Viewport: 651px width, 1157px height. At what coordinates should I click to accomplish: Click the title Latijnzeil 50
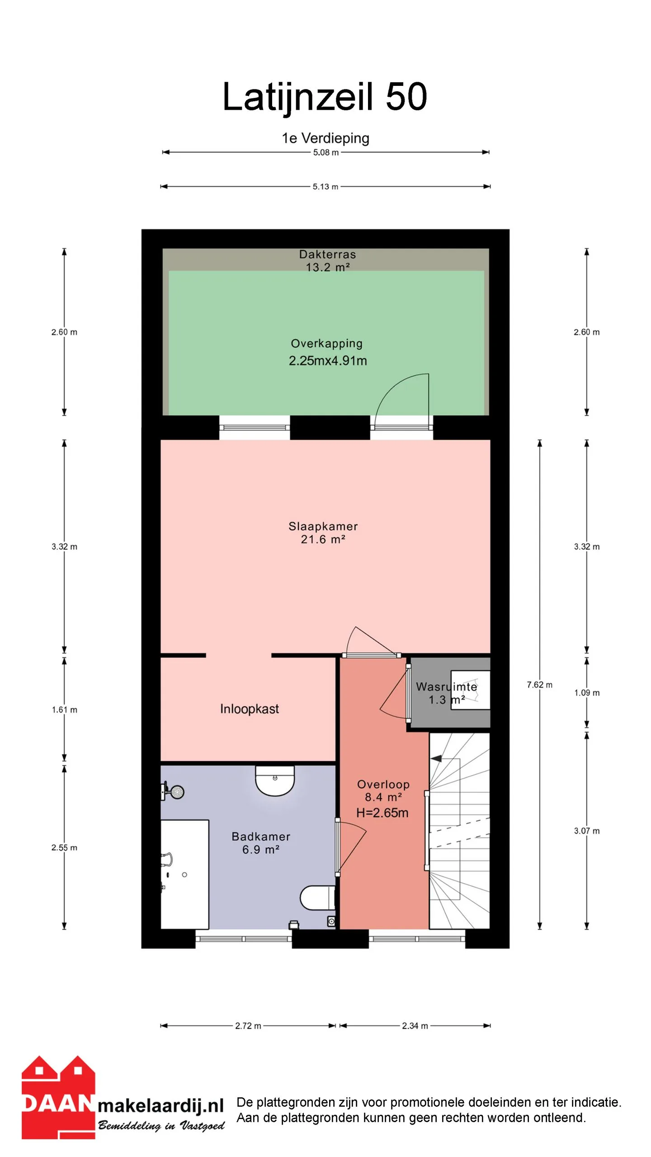[x=325, y=97]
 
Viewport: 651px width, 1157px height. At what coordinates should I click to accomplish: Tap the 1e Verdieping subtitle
[x=325, y=138]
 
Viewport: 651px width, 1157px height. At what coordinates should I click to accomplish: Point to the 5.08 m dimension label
[x=326, y=153]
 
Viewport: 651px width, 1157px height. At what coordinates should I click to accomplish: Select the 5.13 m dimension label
[x=325, y=187]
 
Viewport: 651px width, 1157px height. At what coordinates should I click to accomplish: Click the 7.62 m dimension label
[x=539, y=685]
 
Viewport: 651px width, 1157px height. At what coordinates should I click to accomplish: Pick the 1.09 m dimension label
[x=587, y=693]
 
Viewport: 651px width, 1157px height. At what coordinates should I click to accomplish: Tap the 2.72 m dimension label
[x=248, y=1026]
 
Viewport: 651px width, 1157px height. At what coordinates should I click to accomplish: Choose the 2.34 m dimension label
[x=415, y=1026]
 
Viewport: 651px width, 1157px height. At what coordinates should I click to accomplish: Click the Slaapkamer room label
[x=323, y=527]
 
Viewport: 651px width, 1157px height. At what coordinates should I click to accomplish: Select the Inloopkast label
[x=250, y=709]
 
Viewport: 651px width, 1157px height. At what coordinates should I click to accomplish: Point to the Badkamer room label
[x=261, y=837]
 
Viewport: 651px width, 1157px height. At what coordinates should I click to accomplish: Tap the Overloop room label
[x=383, y=785]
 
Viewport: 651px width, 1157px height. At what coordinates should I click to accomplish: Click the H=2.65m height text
[x=382, y=813]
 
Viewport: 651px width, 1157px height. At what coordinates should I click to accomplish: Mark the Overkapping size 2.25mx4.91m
[x=328, y=361]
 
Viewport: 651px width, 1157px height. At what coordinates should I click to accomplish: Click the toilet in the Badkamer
[x=318, y=898]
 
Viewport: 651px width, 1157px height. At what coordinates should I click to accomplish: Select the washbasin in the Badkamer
[x=275, y=781]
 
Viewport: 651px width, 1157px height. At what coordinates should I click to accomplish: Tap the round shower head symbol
[x=177, y=792]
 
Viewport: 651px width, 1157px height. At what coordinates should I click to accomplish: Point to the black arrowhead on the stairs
[x=436, y=759]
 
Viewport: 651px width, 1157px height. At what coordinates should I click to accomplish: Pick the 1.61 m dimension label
[x=64, y=710]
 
